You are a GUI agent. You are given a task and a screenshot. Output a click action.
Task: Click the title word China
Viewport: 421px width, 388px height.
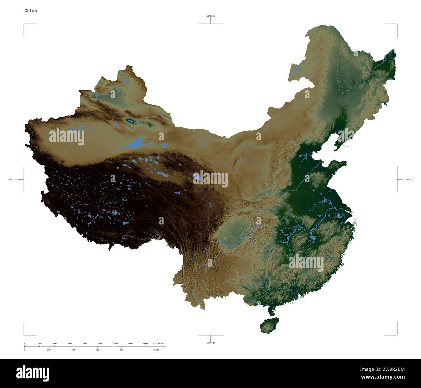pyautogui.click(x=31, y=11)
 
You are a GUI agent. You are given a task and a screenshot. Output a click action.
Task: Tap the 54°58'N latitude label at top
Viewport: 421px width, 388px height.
pyautogui.click(x=210, y=16)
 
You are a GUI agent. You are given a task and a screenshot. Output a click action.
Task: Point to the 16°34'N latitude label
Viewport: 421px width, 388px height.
pyautogui.click(x=210, y=343)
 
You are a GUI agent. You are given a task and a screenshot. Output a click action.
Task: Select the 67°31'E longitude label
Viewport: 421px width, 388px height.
pyautogui.click(x=13, y=179)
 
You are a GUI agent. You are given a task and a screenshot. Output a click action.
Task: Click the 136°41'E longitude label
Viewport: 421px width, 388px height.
pyautogui.click(x=408, y=179)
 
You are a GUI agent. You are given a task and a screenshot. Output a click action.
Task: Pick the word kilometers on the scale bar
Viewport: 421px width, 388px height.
pyautogui.click(x=159, y=343)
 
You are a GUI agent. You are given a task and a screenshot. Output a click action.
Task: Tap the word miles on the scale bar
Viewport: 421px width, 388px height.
pyautogui.click(x=156, y=350)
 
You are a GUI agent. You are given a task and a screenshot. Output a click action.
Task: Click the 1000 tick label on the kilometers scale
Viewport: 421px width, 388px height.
pyautogui.click(x=100, y=343)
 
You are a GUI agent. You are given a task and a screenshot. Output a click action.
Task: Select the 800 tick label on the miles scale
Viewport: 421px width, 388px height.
pyautogui.click(x=121, y=350)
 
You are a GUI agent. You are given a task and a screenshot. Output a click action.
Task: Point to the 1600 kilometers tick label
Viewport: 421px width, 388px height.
pyautogui.click(x=145, y=343)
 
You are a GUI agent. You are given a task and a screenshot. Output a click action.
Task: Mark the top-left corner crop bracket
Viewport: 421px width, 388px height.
pyautogui.click(x=24, y=24)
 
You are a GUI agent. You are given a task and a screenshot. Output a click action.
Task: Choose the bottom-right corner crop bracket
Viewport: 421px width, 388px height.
pyautogui.click(x=396, y=335)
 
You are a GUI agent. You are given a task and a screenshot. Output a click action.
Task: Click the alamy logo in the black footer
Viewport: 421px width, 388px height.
pyautogui.click(x=32, y=373)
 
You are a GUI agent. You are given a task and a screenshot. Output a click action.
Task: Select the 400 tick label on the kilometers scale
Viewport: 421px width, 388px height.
pyautogui.click(x=55, y=343)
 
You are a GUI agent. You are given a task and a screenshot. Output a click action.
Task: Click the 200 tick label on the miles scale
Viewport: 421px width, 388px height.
pyautogui.click(x=49, y=350)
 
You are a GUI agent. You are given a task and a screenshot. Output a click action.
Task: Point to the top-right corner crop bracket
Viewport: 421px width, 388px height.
pyautogui.click(x=396, y=24)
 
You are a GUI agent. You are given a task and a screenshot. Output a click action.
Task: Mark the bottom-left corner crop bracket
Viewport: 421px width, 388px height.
pyautogui.click(x=24, y=335)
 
